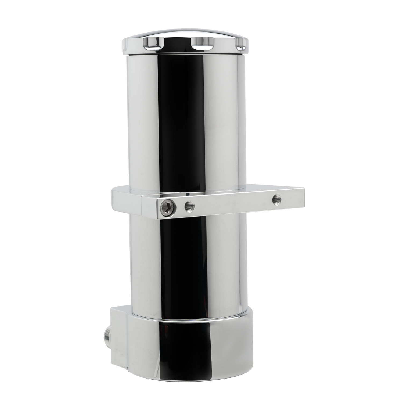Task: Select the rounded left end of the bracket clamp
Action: [x=114, y=197]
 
